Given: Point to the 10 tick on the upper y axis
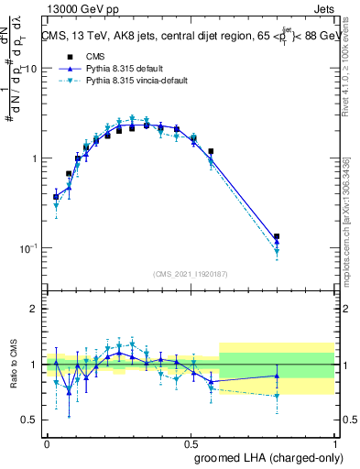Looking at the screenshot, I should coord(32,69).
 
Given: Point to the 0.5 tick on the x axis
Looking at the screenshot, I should coord(191,442).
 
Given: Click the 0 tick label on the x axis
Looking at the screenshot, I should coord(47,442).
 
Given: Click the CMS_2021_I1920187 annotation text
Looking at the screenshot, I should coord(191,274).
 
